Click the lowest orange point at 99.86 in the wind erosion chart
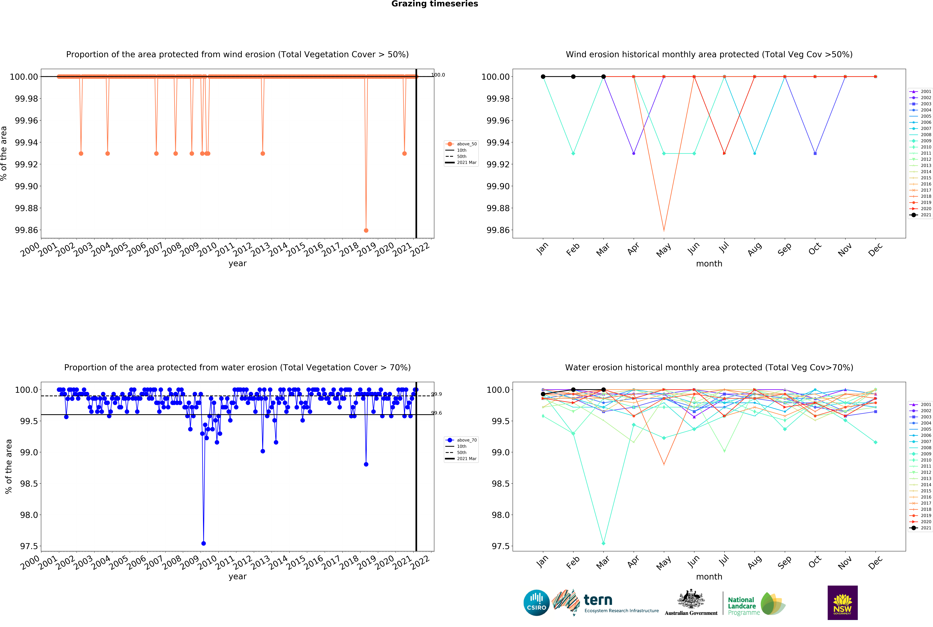pyautogui.click(x=366, y=230)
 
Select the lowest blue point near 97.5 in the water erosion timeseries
pyautogui.click(x=204, y=543)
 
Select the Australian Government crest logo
pyautogui.click(x=691, y=602)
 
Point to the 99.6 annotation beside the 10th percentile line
pyautogui.click(x=437, y=413)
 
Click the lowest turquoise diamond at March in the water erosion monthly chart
pyautogui.click(x=604, y=543)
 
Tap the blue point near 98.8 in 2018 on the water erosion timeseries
pyautogui.click(x=366, y=464)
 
